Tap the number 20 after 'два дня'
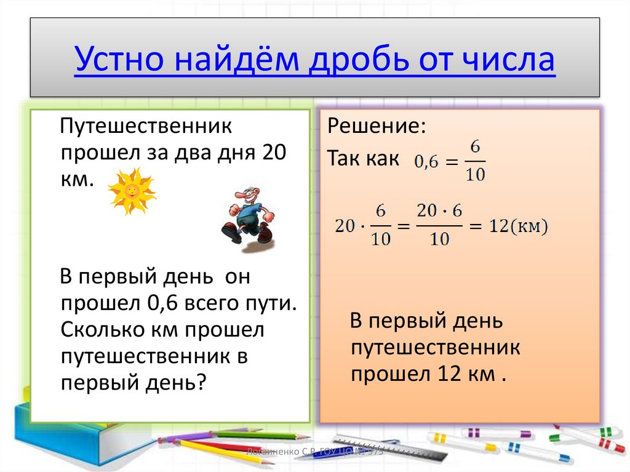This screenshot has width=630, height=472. tap(274, 153)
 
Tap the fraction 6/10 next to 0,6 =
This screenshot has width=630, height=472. tap(474, 161)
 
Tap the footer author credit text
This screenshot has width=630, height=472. tap(314, 452)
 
